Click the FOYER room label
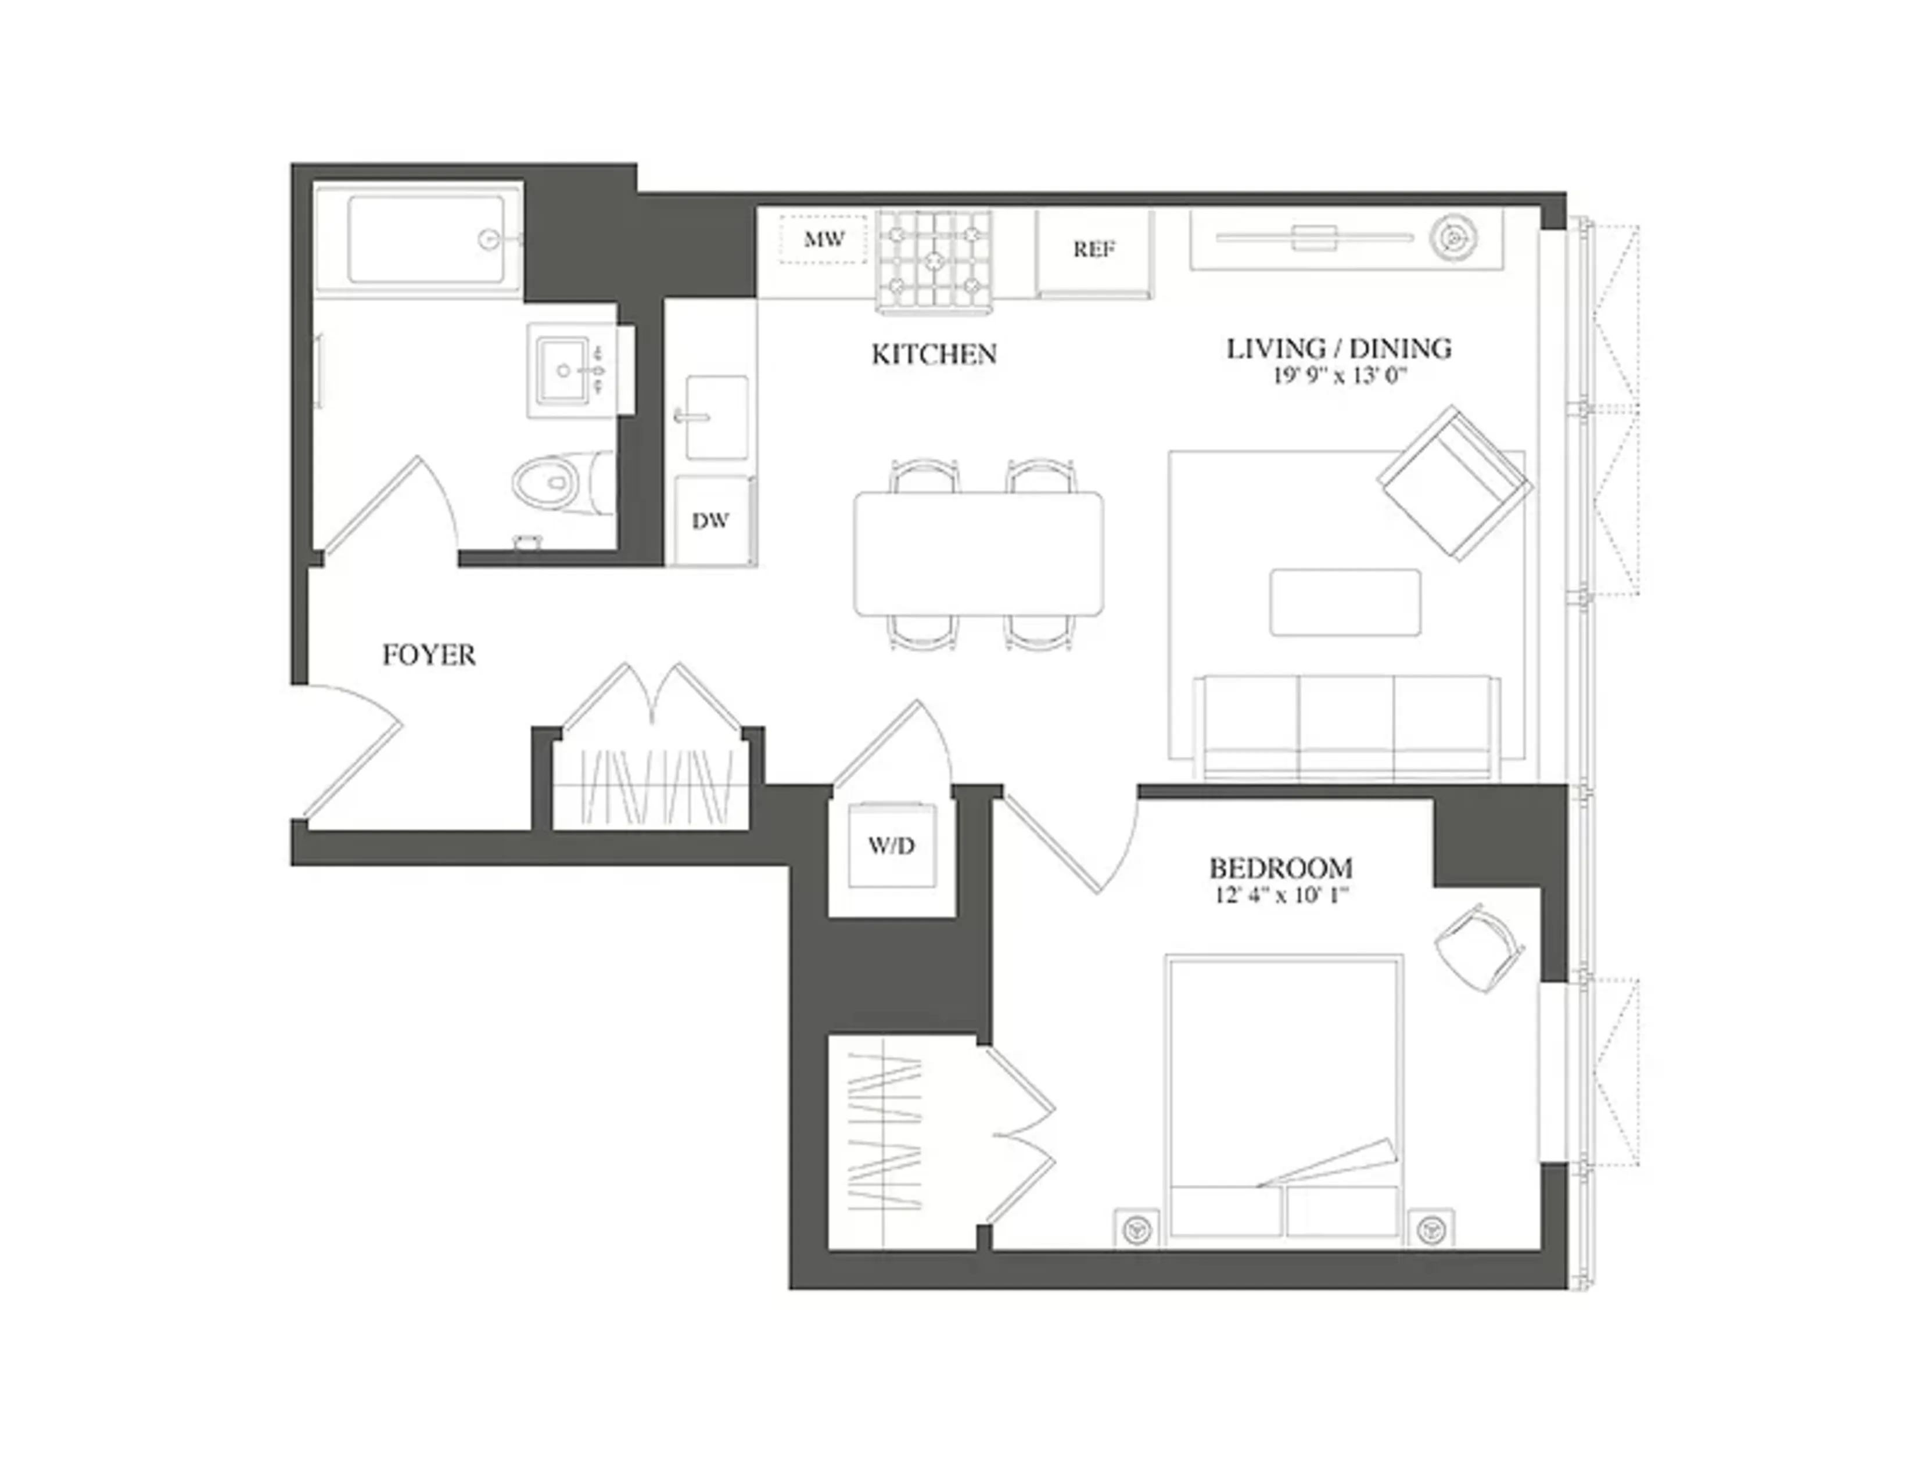pos(428,655)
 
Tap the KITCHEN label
pos(934,354)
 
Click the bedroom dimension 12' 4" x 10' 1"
pos(1281,896)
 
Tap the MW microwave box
pos(823,239)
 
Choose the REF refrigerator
pos(1094,250)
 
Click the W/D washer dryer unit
pos(892,845)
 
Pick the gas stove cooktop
pos(934,260)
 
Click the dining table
pos(979,553)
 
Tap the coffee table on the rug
pos(1345,602)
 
